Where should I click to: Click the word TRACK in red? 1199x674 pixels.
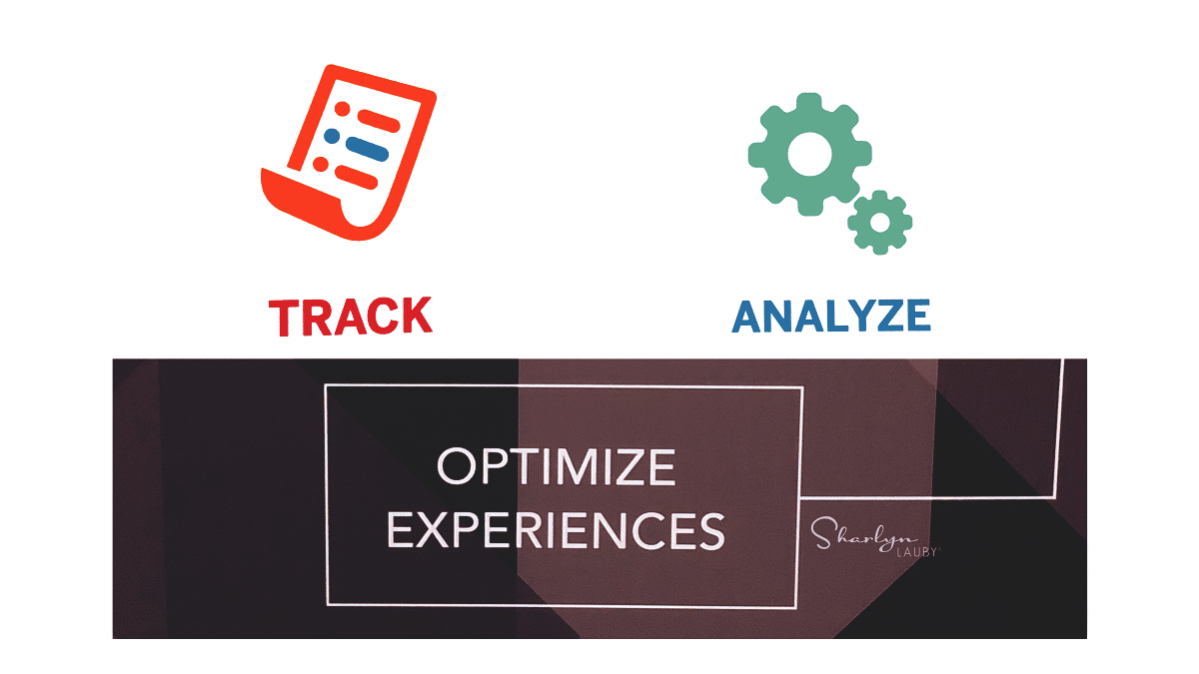351,317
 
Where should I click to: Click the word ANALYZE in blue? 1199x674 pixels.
831,317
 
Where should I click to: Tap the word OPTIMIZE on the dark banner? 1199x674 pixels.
557,466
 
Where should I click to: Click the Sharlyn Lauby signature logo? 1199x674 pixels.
874,537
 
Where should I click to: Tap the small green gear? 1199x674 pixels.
880,222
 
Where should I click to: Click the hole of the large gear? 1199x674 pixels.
810,154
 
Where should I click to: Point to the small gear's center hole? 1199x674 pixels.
880,222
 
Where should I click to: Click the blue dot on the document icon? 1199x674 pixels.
332,136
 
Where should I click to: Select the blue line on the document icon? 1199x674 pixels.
368,149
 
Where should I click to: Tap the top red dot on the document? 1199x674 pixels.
343,109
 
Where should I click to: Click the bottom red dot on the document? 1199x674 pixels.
321,164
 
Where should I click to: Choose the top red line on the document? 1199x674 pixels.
379,121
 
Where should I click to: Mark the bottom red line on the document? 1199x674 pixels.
357,177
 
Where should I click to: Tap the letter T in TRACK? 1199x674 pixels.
284,319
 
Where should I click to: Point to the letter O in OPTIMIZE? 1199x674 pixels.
457,466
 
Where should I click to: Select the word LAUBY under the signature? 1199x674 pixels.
917,552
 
